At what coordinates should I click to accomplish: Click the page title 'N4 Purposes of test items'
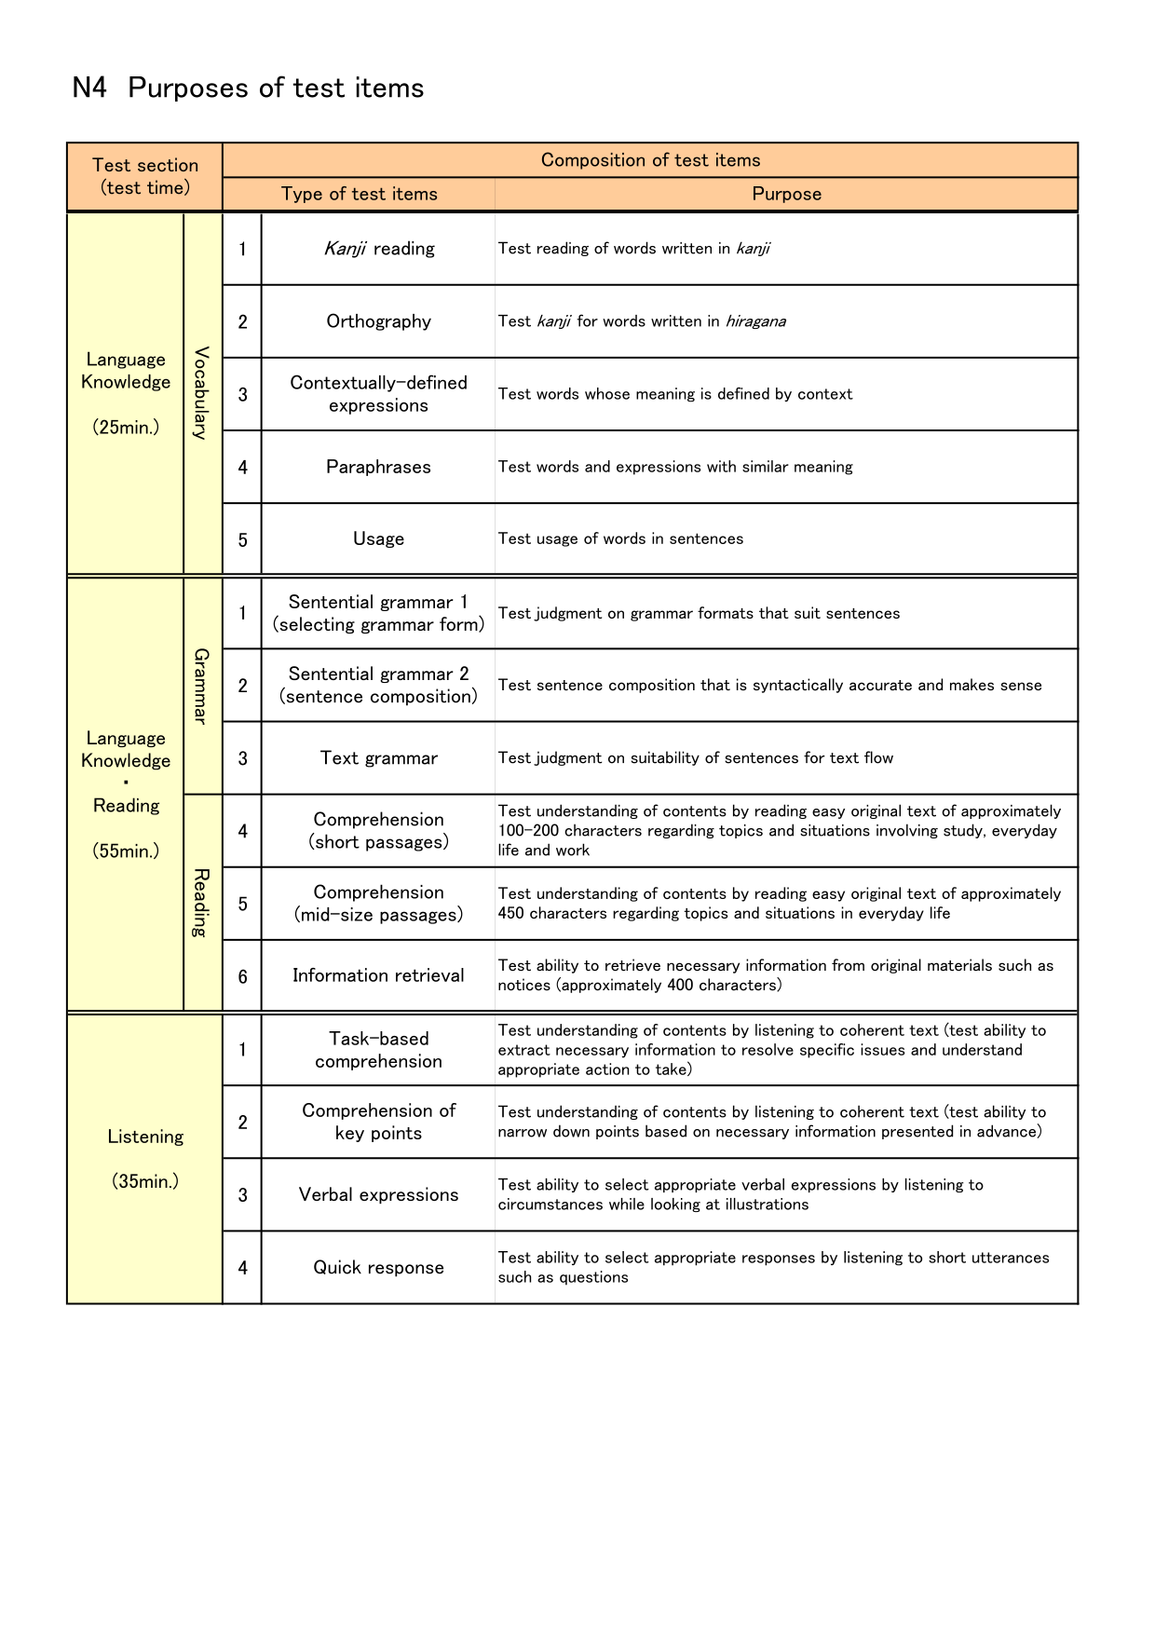(x=248, y=89)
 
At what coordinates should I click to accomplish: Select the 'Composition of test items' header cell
(x=650, y=160)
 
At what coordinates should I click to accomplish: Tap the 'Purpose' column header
(x=786, y=194)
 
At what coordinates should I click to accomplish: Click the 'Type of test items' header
(x=359, y=194)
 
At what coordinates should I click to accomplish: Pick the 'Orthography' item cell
(x=378, y=321)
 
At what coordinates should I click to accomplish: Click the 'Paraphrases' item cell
(x=378, y=467)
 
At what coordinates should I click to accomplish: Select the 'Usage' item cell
(x=378, y=538)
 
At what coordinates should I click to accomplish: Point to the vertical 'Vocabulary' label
(x=202, y=393)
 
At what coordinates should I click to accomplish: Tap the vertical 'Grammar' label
(x=202, y=686)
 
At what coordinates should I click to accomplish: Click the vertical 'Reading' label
(x=202, y=902)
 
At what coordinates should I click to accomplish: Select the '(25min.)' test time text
(x=126, y=428)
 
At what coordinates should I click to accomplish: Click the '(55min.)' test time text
(x=126, y=851)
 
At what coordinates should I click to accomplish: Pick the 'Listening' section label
(x=145, y=1137)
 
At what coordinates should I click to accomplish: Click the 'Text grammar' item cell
(x=378, y=758)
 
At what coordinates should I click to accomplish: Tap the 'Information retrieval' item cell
(x=378, y=975)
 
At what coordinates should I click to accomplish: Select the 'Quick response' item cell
(x=378, y=1267)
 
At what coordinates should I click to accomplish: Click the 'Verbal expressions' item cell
(x=378, y=1195)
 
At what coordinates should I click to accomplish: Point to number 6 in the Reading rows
(x=242, y=976)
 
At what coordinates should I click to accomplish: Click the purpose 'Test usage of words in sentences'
(x=620, y=538)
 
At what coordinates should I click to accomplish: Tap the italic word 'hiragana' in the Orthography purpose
(x=755, y=321)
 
